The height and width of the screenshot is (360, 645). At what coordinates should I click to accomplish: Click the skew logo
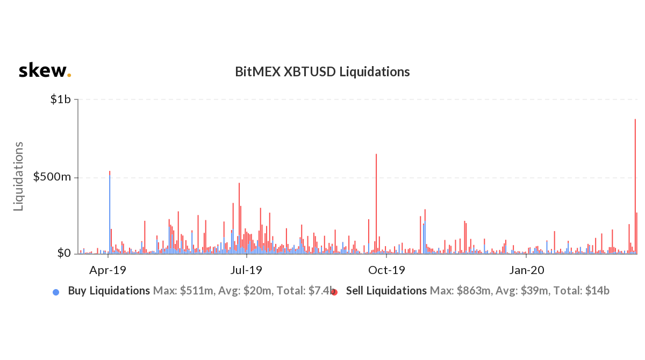pos(45,70)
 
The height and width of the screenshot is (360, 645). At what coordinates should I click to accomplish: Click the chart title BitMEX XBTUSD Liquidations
pos(322,71)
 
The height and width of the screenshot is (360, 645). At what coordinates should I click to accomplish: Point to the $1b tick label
pos(61,100)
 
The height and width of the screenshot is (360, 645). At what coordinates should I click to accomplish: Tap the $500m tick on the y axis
pos(52,177)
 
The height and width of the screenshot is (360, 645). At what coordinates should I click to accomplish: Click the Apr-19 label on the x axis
pos(109,270)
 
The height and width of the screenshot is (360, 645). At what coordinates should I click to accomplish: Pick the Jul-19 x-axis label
pos(247,270)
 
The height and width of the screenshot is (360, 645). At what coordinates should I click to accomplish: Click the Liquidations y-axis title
pos(19,176)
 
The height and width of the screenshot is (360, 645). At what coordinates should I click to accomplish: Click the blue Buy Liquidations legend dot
pos(56,292)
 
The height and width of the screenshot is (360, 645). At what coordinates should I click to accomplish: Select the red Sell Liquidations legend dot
pos(334,292)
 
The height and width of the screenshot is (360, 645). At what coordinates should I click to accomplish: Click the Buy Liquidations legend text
pos(109,291)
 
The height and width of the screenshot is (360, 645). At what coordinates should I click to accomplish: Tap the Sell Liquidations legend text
pos(386,291)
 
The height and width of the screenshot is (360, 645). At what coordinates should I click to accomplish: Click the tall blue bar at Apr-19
pos(110,215)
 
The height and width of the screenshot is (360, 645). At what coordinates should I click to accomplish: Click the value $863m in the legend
pos(473,291)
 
